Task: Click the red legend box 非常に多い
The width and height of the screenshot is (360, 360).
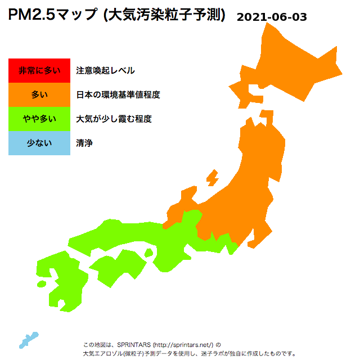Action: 39,70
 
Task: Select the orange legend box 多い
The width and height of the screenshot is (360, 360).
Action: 39,94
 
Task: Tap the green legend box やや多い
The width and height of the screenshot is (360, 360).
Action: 39,119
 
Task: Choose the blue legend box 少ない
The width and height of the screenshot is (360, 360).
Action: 39,143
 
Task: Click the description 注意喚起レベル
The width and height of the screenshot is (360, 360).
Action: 105,70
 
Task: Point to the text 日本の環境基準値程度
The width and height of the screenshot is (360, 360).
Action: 118,94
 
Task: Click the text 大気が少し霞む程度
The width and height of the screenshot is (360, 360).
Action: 114,119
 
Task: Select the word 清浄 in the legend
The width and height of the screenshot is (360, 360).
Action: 84,143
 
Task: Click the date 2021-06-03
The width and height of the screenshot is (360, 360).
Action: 272,17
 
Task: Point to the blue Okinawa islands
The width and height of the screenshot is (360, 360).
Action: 28,339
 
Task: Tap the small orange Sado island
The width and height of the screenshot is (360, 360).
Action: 213,178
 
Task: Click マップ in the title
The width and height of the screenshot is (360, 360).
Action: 76,15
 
